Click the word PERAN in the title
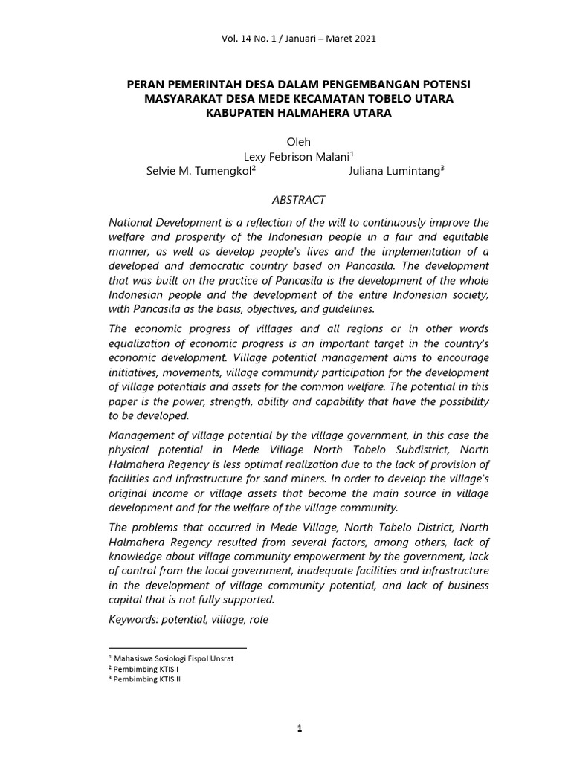[148, 85]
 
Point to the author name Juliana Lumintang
[393, 171]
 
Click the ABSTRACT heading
[296, 200]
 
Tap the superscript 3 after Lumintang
[442, 169]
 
